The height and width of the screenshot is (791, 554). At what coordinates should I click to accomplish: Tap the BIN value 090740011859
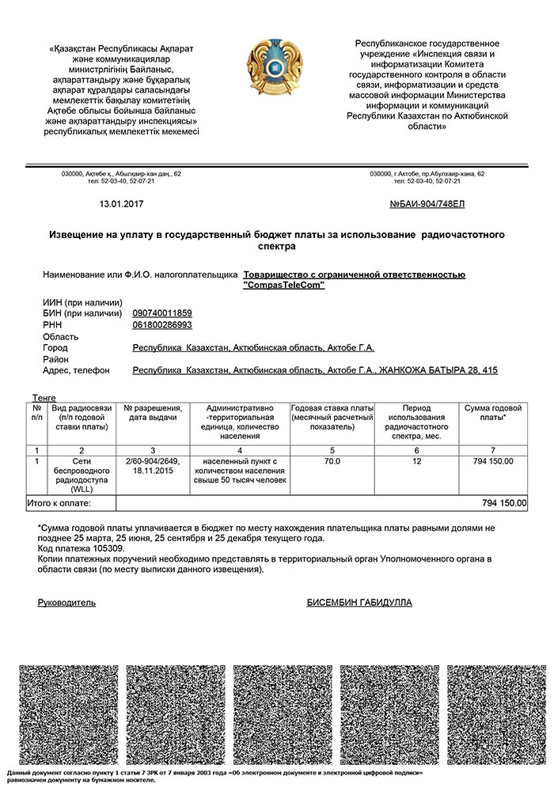click(161, 313)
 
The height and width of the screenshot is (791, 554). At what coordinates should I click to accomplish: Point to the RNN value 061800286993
click(161, 324)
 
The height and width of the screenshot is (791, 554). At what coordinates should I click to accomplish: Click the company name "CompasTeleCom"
click(284, 285)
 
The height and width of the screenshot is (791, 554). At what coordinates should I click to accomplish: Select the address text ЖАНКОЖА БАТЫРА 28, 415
click(438, 370)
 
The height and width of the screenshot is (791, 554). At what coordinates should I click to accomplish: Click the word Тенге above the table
click(44, 396)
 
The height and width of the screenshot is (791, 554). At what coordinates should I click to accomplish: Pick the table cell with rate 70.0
click(332, 461)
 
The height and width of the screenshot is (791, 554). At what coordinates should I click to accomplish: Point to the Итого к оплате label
click(60, 502)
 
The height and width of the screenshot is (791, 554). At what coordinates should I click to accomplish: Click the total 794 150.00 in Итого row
click(504, 502)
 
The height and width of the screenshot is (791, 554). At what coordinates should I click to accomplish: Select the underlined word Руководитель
click(66, 603)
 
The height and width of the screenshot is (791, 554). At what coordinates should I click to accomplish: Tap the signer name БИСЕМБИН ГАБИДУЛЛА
click(359, 603)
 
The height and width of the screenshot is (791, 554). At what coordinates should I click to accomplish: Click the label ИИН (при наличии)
click(82, 302)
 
